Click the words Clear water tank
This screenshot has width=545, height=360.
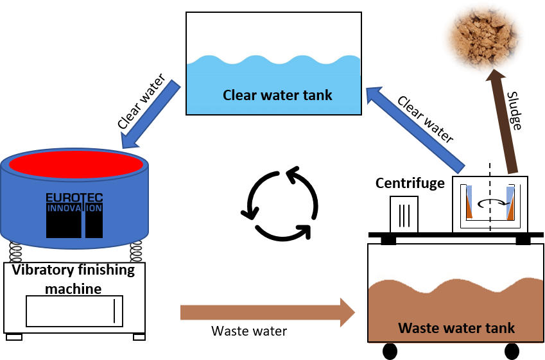[277, 96]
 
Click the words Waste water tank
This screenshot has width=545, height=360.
[456, 328]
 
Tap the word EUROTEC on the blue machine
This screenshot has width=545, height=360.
[74, 198]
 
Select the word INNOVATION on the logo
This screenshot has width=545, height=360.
[74, 209]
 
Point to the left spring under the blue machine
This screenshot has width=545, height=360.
[15, 251]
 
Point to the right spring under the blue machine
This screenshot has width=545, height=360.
[135, 251]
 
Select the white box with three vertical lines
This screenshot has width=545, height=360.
[404, 214]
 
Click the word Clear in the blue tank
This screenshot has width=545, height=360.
[238, 96]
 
